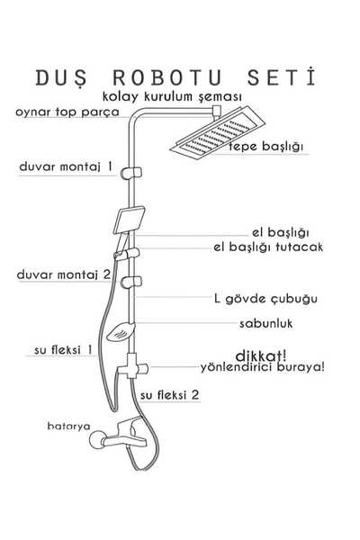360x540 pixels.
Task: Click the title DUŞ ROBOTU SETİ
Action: pyautogui.click(x=175, y=77)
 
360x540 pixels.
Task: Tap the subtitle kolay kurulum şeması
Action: pyautogui.click(x=172, y=97)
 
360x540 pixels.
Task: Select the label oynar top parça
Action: pyautogui.click(x=67, y=112)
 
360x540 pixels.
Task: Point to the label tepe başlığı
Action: pyautogui.click(x=266, y=147)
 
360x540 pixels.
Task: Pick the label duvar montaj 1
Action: pyautogui.click(x=66, y=166)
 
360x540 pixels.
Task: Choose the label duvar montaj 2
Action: pyautogui.click(x=64, y=274)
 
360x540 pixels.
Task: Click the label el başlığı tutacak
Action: pyautogui.click(x=268, y=247)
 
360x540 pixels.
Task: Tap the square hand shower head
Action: pyautogui.click(x=130, y=220)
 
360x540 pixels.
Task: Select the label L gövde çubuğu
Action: pyautogui.click(x=265, y=298)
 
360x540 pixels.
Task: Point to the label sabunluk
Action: pyautogui.click(x=266, y=323)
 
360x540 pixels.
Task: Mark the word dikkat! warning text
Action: pyautogui.click(x=261, y=355)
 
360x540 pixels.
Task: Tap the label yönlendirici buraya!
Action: pyautogui.click(x=263, y=367)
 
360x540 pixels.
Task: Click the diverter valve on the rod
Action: pyautogui.click(x=132, y=366)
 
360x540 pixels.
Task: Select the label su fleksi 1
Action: pyautogui.click(x=63, y=350)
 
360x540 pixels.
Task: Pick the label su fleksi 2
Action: pyautogui.click(x=170, y=395)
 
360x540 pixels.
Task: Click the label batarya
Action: pyautogui.click(x=69, y=426)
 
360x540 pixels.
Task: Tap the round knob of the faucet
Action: pyautogui.click(x=97, y=440)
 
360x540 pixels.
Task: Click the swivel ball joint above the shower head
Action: pyautogui.click(x=217, y=111)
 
